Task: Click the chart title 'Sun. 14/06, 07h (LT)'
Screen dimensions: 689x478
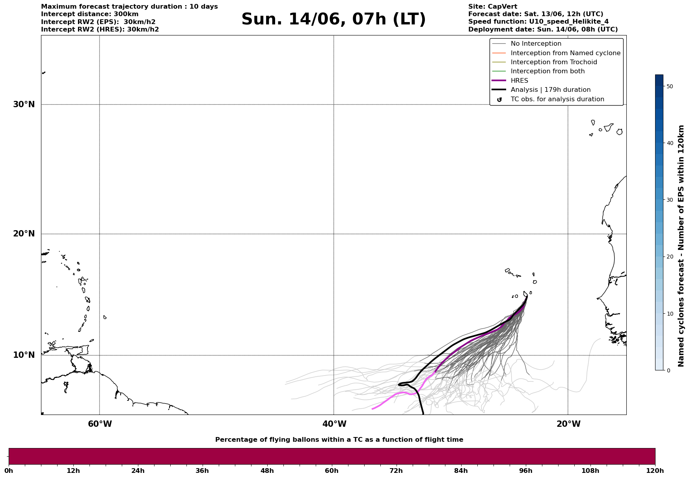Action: click(333, 19)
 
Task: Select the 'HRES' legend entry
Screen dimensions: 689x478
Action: click(519, 81)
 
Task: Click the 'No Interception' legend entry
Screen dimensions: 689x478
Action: click(536, 44)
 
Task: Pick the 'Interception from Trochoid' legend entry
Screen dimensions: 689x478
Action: click(554, 62)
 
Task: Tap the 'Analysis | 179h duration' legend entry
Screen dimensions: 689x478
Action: click(551, 90)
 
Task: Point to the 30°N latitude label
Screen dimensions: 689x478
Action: click(24, 104)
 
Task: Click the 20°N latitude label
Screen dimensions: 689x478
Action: click(24, 234)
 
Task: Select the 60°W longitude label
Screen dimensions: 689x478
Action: click(100, 424)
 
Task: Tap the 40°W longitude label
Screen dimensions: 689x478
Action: click(334, 424)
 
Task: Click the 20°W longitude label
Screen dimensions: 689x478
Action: click(568, 424)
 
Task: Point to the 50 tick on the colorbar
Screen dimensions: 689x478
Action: click(669, 86)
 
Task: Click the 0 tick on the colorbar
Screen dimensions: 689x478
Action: click(668, 370)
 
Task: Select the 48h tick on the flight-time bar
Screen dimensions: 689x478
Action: click(267, 471)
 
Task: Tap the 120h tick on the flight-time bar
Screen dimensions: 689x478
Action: click(655, 471)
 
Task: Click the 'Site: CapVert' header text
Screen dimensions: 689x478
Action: click(493, 7)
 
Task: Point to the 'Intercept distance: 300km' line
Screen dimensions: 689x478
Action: click(90, 14)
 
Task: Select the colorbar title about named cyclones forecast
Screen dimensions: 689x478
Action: click(681, 246)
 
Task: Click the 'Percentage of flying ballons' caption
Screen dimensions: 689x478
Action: click(339, 440)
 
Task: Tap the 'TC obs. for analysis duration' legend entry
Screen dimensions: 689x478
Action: click(557, 99)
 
